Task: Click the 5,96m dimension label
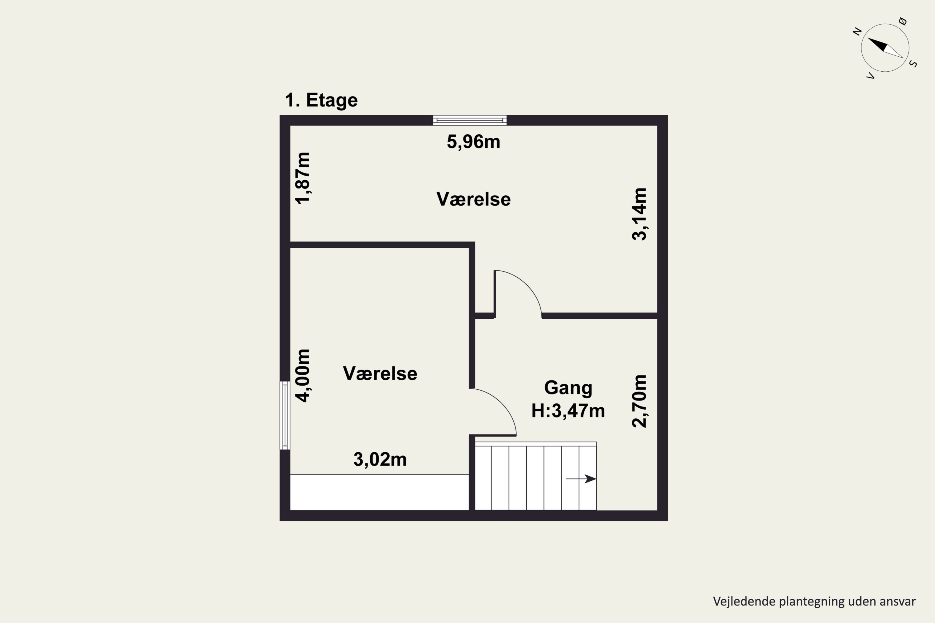[x=473, y=142]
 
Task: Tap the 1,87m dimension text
[x=303, y=178]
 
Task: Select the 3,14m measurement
[x=639, y=214]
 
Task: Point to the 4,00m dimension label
[x=303, y=376]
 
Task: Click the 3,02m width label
[x=380, y=460]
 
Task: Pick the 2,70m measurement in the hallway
[x=639, y=401]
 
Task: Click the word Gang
[x=568, y=388]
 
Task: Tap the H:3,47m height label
[x=568, y=411]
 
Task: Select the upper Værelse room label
[x=473, y=199]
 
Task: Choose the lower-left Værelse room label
[x=380, y=373]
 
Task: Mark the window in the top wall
[x=470, y=120]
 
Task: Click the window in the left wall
[x=285, y=416]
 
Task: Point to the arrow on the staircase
[x=581, y=479]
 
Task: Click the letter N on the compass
[x=857, y=31]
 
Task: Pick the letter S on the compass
[x=913, y=64]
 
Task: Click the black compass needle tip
[x=868, y=38]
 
